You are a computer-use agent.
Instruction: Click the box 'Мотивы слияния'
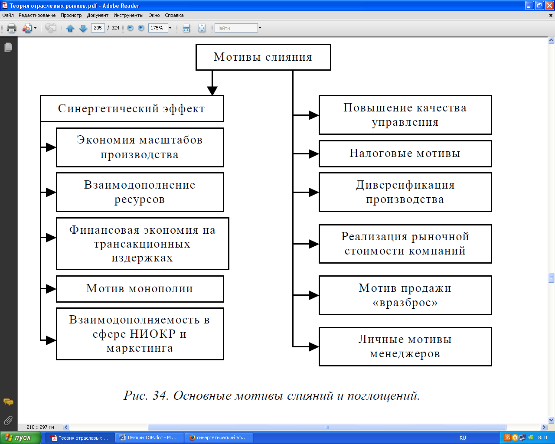click(263, 57)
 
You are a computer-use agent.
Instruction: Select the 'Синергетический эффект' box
click(132, 109)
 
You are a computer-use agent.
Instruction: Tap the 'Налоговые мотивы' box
click(405, 153)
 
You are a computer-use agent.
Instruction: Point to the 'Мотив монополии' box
click(140, 289)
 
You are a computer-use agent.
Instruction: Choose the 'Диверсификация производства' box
click(405, 192)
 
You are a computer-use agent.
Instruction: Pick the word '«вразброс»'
click(405, 303)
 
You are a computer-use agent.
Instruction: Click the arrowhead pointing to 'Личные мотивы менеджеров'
click(313, 346)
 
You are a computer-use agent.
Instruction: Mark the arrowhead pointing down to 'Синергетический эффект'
click(212, 91)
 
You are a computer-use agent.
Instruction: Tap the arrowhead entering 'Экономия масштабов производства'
click(51, 147)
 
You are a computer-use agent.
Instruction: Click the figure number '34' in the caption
click(160, 395)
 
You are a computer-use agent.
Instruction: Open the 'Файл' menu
click(8, 15)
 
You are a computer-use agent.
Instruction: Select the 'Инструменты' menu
click(128, 15)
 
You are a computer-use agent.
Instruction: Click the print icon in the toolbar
click(12, 28)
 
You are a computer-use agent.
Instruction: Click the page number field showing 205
click(98, 28)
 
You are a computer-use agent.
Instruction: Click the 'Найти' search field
click(236, 28)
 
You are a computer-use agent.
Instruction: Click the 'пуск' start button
click(20, 437)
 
